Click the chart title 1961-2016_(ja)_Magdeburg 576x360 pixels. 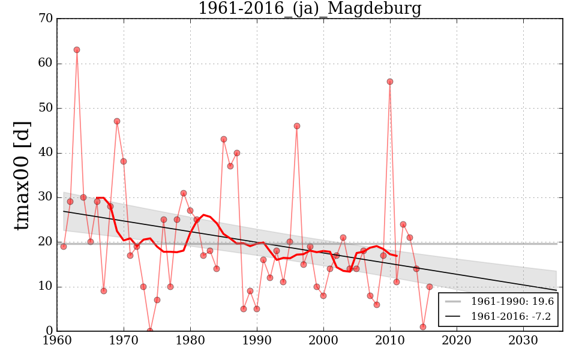tap(310, 9)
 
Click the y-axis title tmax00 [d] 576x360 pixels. tap(22, 175)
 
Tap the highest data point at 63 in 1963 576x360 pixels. tap(77, 50)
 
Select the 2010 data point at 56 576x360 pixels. tap(390, 82)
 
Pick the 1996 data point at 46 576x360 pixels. tap(297, 126)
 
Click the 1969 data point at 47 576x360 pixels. tap(117, 121)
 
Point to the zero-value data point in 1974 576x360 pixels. tap(150, 331)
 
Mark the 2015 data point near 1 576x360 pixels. tap(423, 327)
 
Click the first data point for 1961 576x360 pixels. tap(64, 247)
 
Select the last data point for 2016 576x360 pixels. tap(430, 287)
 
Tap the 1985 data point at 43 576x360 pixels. tap(224, 139)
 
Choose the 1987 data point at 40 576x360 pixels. tap(237, 153)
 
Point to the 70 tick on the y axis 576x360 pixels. tap(45, 19)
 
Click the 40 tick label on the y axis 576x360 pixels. tap(45, 153)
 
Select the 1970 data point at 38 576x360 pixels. tap(124, 161)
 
